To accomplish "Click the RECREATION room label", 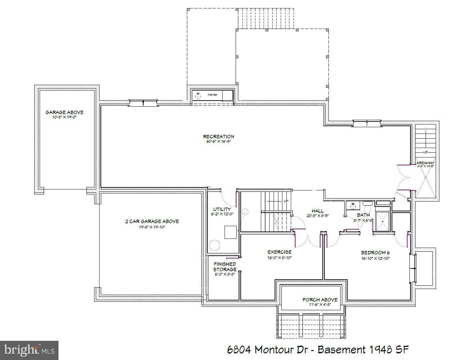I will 219,136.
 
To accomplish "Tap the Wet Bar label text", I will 212,95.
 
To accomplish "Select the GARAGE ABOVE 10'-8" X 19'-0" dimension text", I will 65,117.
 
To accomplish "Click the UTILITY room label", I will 222,209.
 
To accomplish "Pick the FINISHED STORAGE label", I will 225,267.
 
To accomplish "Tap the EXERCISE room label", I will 279,252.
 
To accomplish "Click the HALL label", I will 317,211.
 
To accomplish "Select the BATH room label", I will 363,215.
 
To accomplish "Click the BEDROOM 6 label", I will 375,253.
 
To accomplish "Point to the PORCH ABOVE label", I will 320,299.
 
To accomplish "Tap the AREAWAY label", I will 426,163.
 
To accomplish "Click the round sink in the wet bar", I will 198,96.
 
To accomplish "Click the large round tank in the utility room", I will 214,245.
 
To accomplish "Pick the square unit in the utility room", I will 231,232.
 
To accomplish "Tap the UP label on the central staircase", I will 286,201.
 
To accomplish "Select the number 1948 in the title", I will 380,350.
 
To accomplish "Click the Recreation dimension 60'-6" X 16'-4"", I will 219,142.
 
